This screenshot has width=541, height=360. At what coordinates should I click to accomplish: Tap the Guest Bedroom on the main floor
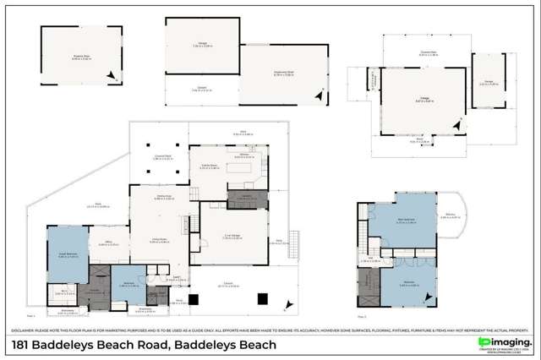(68, 254)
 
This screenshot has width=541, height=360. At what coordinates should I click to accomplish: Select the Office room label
(106, 246)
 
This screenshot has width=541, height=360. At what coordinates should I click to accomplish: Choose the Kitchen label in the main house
(244, 155)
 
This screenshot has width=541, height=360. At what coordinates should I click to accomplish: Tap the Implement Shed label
(284, 73)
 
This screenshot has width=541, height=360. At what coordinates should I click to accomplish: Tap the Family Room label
(157, 198)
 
